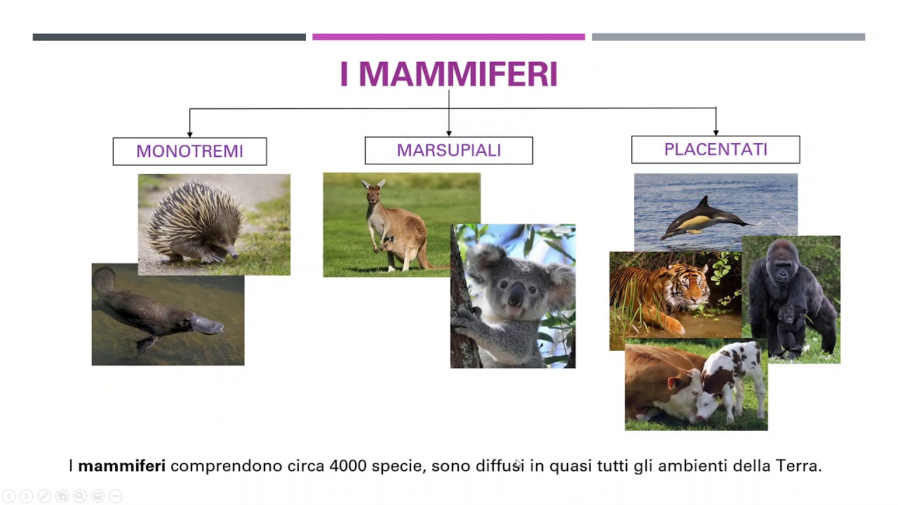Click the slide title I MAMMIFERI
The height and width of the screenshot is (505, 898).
coord(448,74)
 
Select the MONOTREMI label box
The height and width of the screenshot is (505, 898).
coord(189,151)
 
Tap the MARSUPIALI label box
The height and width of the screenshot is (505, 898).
coord(448,151)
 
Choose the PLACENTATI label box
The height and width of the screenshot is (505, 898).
coord(715,149)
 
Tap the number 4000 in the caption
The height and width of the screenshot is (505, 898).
coord(347,466)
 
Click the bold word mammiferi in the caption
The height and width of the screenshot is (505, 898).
coord(121,466)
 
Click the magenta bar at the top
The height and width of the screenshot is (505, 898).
coord(448,37)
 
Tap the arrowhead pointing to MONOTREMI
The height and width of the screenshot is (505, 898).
coord(189,133)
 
